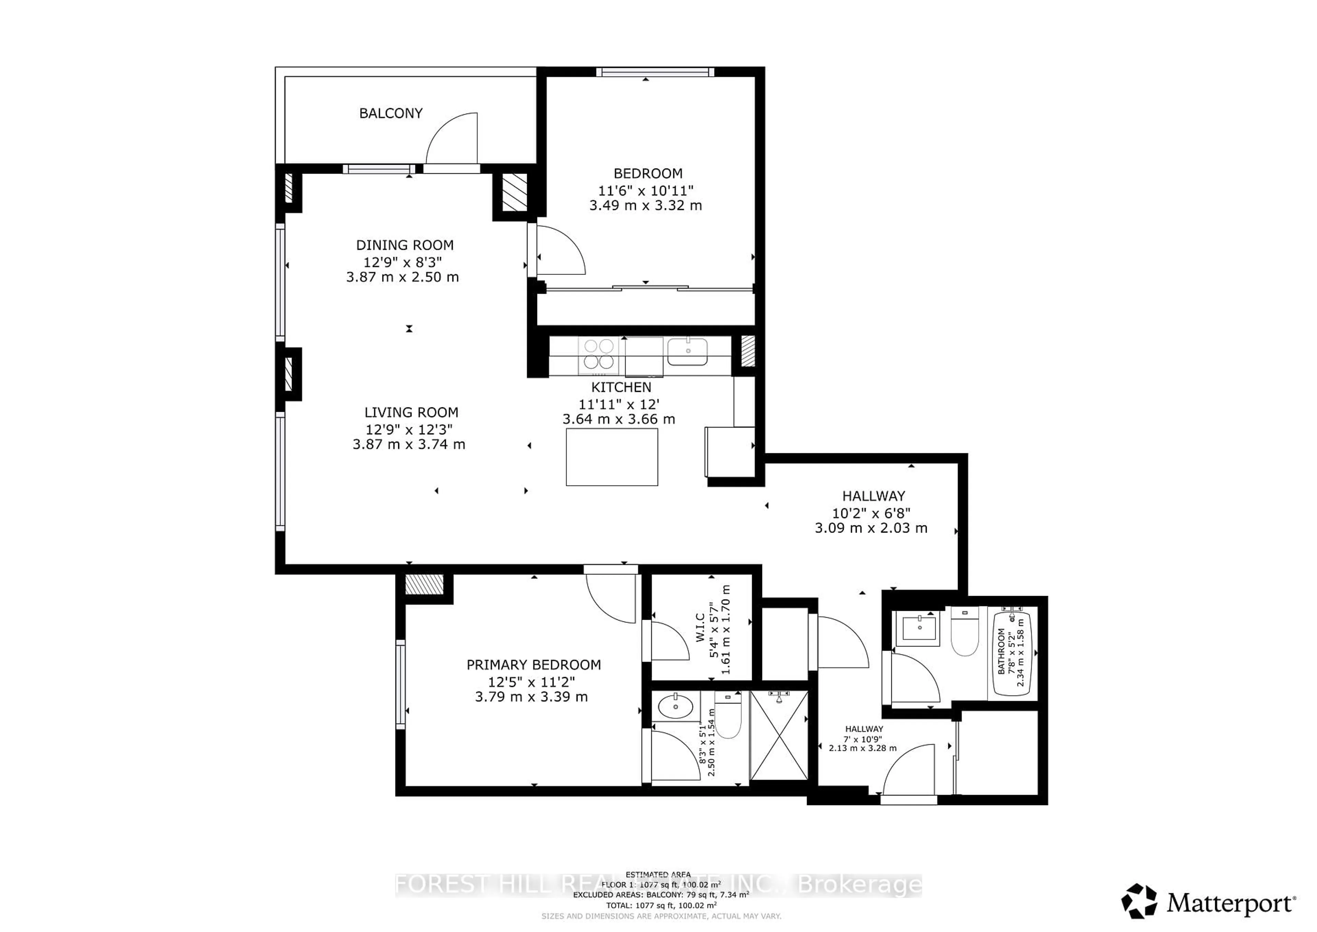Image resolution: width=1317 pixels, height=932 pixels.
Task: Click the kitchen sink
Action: pos(687,351)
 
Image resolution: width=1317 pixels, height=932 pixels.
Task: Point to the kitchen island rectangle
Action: pos(612,457)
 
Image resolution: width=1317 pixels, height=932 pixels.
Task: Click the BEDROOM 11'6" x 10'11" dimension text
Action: pos(646,190)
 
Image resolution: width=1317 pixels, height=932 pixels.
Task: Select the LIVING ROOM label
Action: pos(411,412)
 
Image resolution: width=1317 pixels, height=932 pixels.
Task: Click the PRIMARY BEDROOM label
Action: pos(533,665)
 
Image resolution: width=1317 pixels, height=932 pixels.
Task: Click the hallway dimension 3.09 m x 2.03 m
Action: pos(871,528)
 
